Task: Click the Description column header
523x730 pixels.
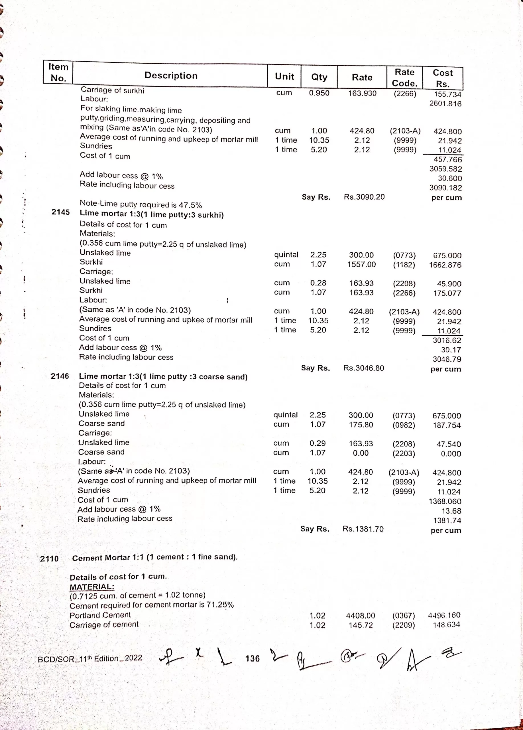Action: click(x=171, y=75)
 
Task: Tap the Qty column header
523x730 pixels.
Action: click(x=319, y=77)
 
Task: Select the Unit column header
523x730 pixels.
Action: click(x=284, y=76)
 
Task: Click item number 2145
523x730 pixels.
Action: click(x=60, y=212)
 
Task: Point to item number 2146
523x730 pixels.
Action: click(x=60, y=376)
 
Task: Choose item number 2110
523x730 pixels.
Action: click(x=49, y=558)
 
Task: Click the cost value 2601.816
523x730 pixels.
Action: click(x=445, y=104)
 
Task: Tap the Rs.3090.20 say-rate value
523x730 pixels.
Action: click(x=364, y=197)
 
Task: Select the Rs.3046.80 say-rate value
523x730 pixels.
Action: click(x=363, y=368)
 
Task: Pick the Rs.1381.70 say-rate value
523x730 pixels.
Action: click(x=363, y=529)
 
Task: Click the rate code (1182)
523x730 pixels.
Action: click(x=404, y=265)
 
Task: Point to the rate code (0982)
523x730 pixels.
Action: click(x=404, y=425)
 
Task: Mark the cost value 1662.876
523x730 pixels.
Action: click(x=445, y=265)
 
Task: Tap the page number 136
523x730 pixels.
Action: click(x=252, y=658)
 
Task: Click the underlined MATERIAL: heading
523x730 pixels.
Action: click(x=92, y=587)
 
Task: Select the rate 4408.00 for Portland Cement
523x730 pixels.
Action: click(x=360, y=616)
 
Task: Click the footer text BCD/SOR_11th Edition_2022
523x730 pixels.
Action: click(x=90, y=658)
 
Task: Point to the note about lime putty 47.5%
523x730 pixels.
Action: click(x=141, y=204)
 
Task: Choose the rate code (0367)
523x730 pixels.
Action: click(x=403, y=616)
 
